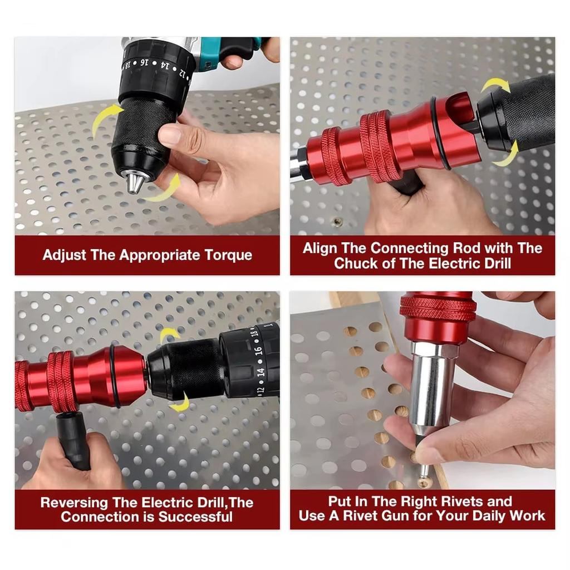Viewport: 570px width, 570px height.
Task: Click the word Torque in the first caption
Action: point(228,255)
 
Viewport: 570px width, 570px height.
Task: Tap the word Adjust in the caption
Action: point(65,255)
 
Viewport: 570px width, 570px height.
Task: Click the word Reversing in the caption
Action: point(74,503)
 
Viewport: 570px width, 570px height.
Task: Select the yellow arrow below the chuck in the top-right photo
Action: point(506,156)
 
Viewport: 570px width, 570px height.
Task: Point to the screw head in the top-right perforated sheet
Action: point(338,221)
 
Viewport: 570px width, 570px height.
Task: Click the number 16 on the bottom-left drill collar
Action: point(258,351)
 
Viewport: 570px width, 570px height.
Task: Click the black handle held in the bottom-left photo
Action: point(73,440)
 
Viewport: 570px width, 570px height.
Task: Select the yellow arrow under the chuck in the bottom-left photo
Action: point(181,402)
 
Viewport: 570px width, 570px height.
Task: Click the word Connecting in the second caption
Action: point(407,249)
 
